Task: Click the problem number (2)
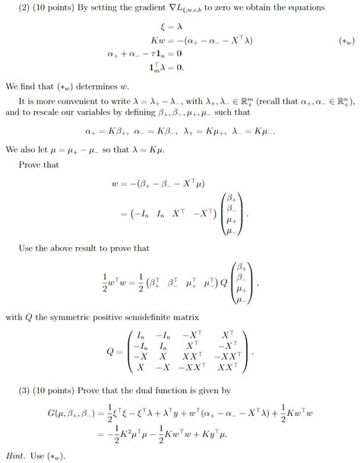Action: [24, 8]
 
